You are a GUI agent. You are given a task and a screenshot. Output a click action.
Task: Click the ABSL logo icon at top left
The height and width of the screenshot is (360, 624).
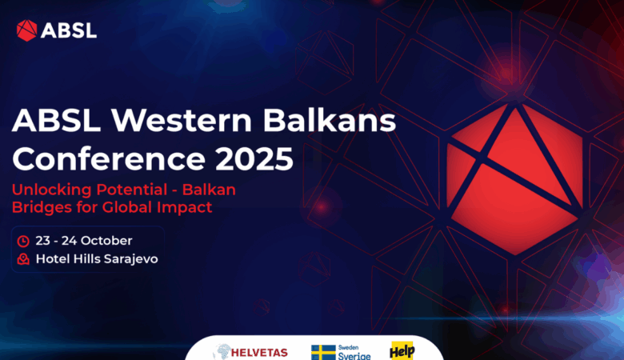[x=26, y=30]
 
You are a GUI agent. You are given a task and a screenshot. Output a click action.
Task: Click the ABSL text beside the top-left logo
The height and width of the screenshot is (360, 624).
[x=69, y=30]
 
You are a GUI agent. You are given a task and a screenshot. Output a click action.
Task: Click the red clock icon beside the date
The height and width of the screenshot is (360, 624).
[x=23, y=241]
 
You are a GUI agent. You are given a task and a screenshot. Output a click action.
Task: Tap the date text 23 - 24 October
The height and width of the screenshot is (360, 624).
[x=83, y=241]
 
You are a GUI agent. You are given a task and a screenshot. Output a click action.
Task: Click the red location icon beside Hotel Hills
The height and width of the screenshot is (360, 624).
[x=23, y=259]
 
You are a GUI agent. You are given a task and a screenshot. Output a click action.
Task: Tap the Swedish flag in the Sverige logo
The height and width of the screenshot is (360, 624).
[x=323, y=352]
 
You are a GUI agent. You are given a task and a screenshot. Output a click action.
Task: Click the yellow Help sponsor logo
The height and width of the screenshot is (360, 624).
[x=402, y=350]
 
